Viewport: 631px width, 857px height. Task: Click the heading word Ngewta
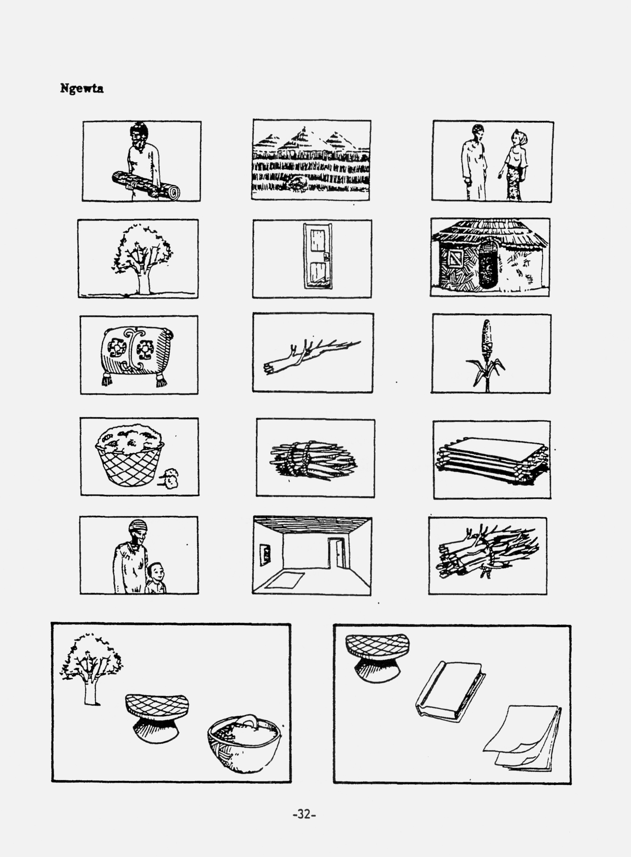82,89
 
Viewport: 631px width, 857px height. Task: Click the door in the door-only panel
317,256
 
